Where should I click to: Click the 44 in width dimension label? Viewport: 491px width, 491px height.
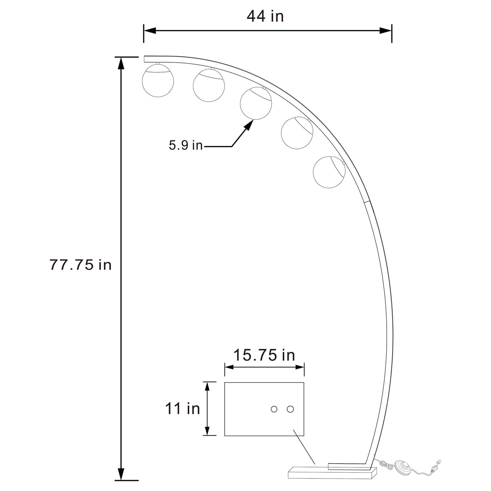pyautogui.click(x=265, y=16)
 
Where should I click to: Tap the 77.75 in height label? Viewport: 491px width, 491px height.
pyautogui.click(x=80, y=265)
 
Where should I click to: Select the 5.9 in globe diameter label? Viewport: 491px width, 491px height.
pyautogui.click(x=185, y=145)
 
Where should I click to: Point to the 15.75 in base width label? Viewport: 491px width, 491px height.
pyautogui.click(x=264, y=355)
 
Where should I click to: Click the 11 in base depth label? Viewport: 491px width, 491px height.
pyautogui.click(x=182, y=408)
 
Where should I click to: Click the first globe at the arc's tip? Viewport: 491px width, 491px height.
pyautogui.click(x=158, y=80)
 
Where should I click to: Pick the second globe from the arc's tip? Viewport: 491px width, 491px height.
pyautogui.click(x=209, y=85)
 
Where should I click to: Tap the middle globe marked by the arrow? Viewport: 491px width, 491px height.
pyautogui.click(x=256, y=103)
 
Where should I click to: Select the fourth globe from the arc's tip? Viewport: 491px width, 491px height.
pyautogui.click(x=297, y=133)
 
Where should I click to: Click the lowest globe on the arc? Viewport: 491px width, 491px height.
pyautogui.click(x=329, y=172)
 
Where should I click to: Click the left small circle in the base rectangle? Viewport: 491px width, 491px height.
pyautogui.click(x=274, y=409)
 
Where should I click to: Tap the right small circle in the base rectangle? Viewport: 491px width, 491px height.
pyautogui.click(x=290, y=409)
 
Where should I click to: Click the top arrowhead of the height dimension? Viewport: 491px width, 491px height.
pyautogui.click(x=121, y=63)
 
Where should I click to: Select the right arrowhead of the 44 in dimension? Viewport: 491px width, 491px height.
pyautogui.click(x=385, y=30)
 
